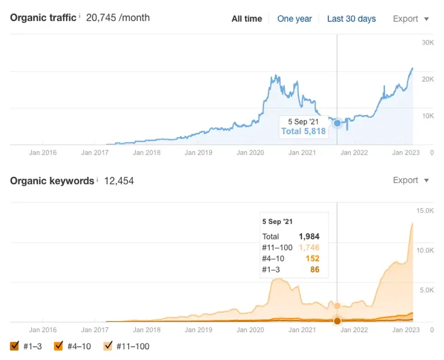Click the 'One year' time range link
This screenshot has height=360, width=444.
294,19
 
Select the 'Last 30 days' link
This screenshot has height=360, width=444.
351,19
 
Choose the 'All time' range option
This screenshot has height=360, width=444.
246,19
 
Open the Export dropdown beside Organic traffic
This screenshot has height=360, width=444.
411,19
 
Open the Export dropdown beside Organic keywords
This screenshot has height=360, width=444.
411,180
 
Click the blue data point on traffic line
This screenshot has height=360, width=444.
337,123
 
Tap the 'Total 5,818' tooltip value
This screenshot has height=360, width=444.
303,131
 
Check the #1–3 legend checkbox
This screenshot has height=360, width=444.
15,346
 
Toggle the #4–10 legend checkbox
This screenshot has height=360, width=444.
58,346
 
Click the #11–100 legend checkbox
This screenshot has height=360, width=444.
108,346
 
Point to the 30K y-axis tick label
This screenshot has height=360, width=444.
428,43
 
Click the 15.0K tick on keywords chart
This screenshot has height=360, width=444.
424,210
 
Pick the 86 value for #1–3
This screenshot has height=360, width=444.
314,269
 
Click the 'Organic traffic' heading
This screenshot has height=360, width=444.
43,18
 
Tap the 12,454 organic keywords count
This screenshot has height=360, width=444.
119,181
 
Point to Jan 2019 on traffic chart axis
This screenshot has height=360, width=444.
198,152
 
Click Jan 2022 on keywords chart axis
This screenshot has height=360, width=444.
354,330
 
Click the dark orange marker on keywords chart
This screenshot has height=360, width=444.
337,320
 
